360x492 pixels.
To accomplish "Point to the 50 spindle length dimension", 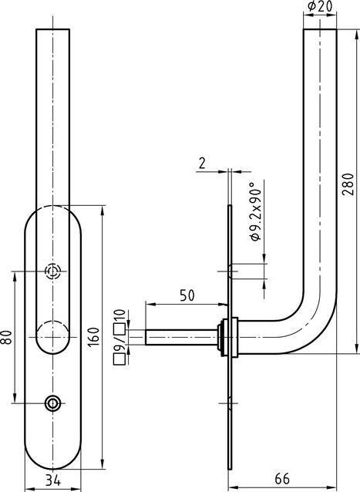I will pyautogui.click(x=187, y=295).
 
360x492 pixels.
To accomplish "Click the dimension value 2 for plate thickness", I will pyautogui.click(x=201, y=162).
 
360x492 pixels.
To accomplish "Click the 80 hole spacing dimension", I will pyautogui.click(x=7, y=336).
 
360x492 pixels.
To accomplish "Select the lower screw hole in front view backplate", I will pyautogui.click(x=52, y=402).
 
